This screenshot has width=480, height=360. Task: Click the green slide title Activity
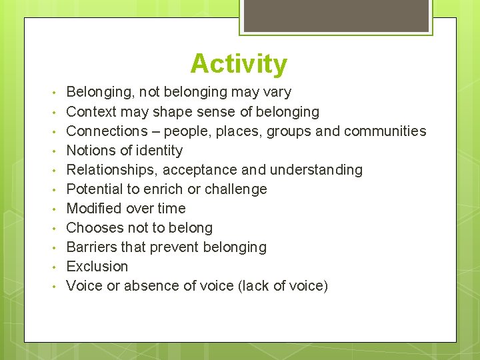tap(239, 64)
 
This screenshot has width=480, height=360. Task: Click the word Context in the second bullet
tap(91, 111)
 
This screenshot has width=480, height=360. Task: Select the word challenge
tap(236, 189)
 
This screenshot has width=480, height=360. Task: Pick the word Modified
tap(93, 208)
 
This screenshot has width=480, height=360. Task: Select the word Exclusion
tap(97, 266)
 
